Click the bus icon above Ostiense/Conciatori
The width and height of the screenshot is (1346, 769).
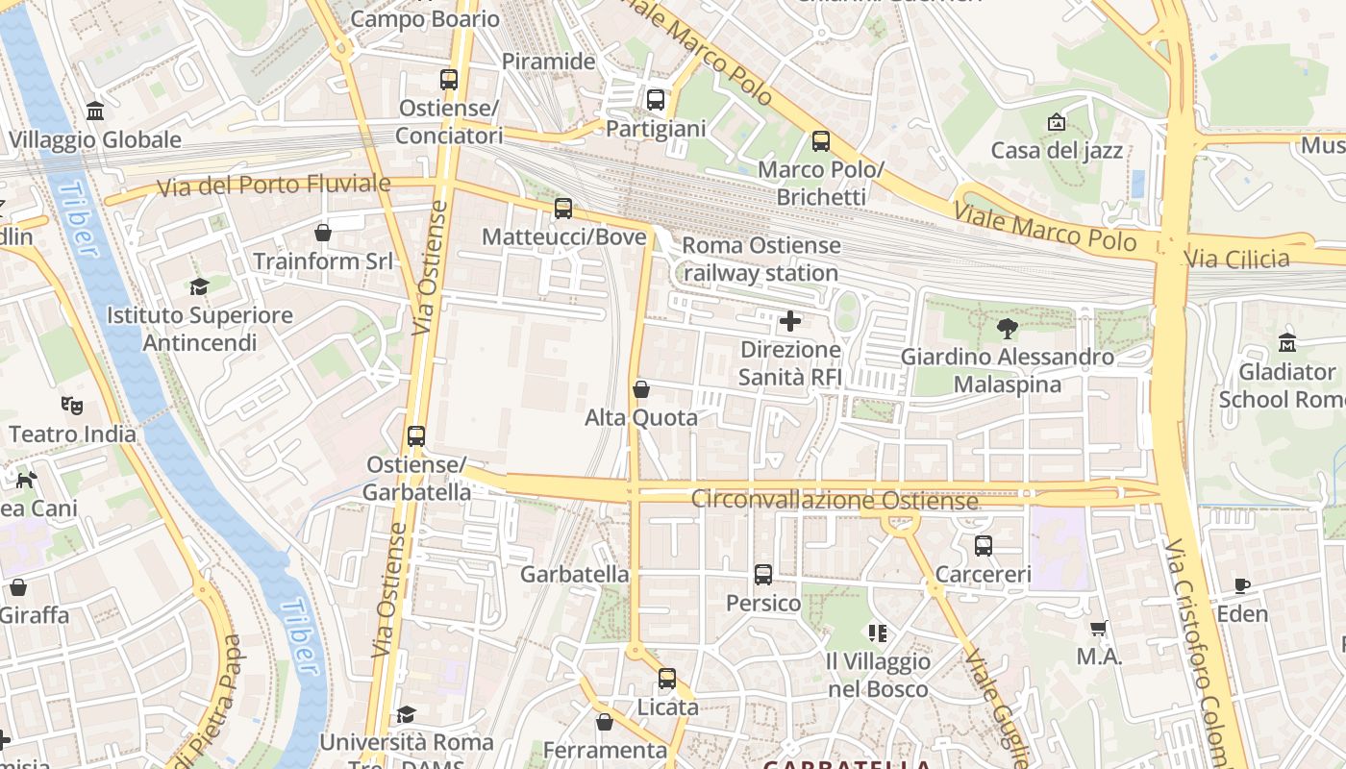click(x=449, y=80)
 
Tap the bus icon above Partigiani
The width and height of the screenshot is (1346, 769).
click(x=656, y=99)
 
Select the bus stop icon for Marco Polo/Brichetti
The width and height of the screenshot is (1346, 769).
click(x=821, y=141)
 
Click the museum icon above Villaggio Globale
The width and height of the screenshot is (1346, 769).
click(x=95, y=112)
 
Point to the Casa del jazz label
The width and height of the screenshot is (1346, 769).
click(x=1057, y=150)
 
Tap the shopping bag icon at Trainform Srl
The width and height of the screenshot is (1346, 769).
click(x=323, y=233)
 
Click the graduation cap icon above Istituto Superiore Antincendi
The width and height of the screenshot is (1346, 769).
click(x=199, y=286)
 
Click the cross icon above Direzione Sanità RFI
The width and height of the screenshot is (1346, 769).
click(x=790, y=321)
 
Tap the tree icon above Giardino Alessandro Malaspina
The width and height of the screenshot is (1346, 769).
click(x=1007, y=329)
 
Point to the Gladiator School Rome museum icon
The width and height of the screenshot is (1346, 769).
click(x=1287, y=343)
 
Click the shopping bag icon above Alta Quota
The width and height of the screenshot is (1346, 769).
click(x=641, y=389)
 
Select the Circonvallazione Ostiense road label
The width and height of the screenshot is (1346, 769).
click(x=835, y=500)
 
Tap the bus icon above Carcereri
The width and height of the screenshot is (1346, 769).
click(x=984, y=546)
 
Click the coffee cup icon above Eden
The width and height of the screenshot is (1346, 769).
click(x=1242, y=585)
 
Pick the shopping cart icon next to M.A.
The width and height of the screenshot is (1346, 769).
click(x=1099, y=628)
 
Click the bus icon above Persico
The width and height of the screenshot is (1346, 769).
click(x=763, y=574)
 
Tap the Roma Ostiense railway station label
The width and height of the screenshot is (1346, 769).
click(x=760, y=260)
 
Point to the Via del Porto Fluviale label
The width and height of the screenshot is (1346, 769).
click(x=274, y=184)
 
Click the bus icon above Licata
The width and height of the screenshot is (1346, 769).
click(x=667, y=679)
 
